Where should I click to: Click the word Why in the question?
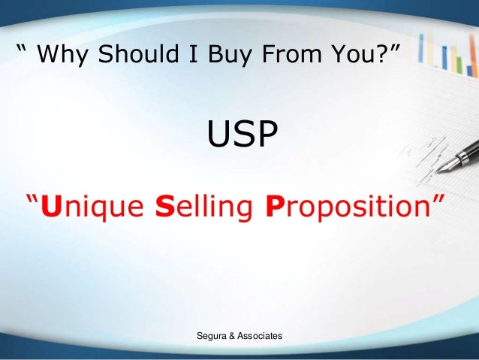(x=62, y=54)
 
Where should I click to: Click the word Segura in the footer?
(x=212, y=336)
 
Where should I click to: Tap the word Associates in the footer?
(x=260, y=336)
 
